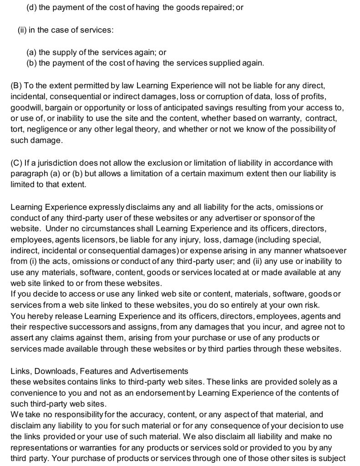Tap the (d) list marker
[x=32, y=8]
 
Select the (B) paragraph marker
[x=15, y=86]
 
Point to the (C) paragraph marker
[x=15, y=163]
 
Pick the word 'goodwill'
[x=25, y=108]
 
